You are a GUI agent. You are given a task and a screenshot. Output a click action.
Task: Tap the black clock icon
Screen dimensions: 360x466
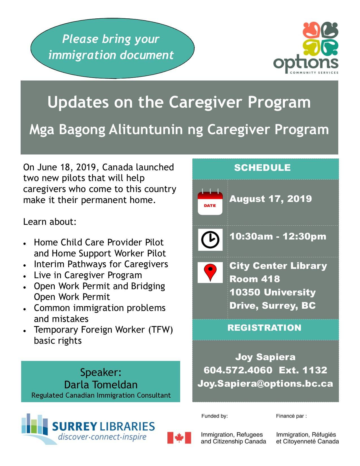(210, 239)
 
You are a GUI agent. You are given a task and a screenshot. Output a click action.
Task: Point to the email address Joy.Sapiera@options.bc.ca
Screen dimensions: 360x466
(265, 384)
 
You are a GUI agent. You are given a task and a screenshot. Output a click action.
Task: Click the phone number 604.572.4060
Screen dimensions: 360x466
(238, 370)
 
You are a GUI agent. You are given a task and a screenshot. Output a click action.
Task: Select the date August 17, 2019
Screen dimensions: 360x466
(270, 199)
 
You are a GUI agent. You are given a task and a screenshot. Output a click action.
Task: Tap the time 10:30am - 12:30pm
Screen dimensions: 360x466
(278, 236)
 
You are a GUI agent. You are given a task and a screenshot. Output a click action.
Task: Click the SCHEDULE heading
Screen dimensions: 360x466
(262, 167)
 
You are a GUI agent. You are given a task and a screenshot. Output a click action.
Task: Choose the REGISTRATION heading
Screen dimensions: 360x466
(264, 327)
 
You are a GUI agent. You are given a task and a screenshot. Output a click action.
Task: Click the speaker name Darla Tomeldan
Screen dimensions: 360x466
(101, 385)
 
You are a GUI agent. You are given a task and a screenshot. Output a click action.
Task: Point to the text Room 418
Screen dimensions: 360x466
(254, 279)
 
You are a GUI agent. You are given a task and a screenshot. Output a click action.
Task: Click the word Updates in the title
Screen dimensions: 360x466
(78, 103)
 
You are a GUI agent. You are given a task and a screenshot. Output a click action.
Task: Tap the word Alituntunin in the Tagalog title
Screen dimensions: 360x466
(146, 130)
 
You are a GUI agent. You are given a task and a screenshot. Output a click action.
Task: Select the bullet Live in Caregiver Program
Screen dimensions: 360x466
(88, 275)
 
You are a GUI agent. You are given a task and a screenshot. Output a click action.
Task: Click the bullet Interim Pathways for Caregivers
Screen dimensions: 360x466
(101, 264)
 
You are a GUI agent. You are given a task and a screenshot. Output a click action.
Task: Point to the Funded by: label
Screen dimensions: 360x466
(214, 416)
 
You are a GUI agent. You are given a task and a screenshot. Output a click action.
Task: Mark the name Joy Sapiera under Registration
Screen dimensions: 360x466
(265, 357)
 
